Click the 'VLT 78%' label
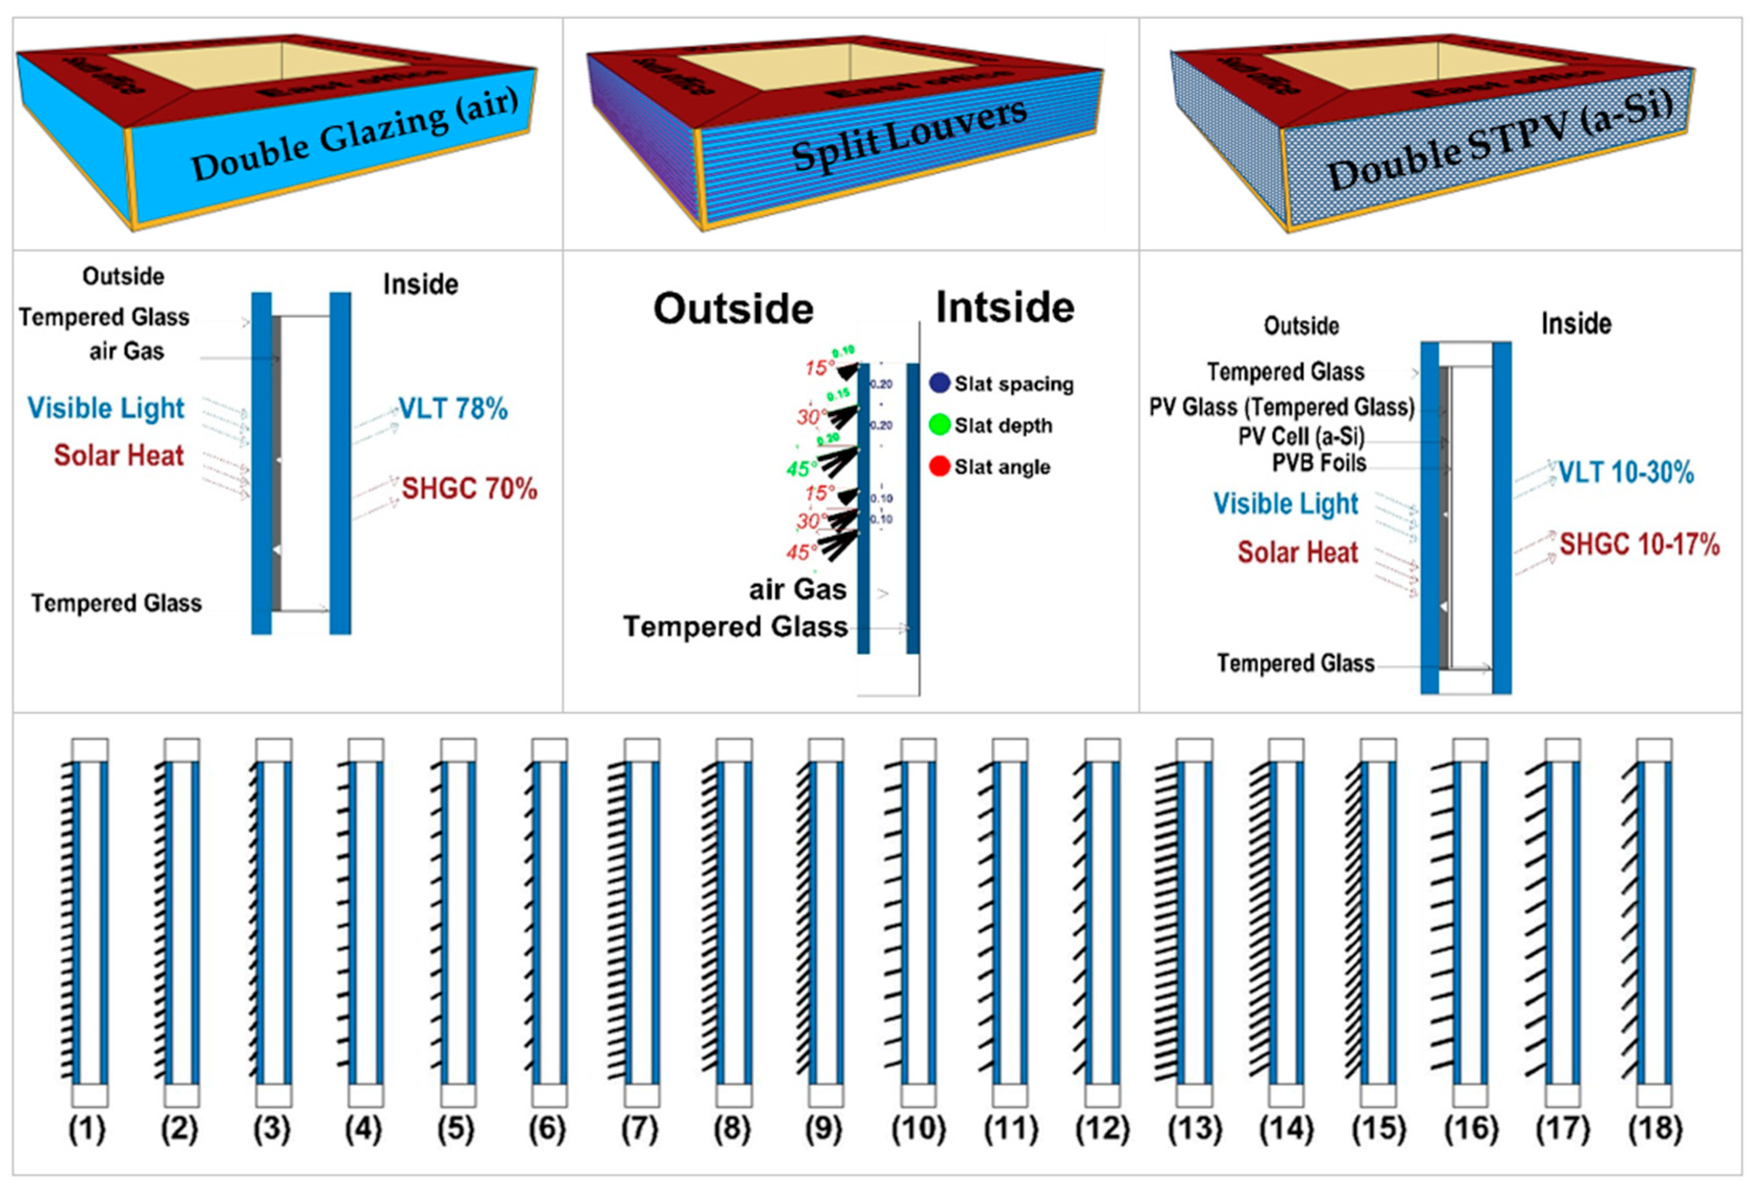[x=453, y=409]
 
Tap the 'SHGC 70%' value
[x=469, y=488]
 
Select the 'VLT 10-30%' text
[x=1626, y=473]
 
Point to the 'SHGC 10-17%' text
[x=1639, y=544]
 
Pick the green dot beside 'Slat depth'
[x=939, y=424]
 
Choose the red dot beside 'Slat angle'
[x=939, y=466]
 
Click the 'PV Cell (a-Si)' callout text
[x=1301, y=436]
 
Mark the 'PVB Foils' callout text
[x=1319, y=463]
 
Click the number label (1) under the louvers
[x=87, y=1130]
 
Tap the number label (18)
[x=1655, y=1130]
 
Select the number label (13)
[x=1194, y=1130]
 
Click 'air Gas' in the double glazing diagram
[x=126, y=351]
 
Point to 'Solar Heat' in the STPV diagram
[x=1297, y=552]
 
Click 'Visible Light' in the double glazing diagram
[x=106, y=408]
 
